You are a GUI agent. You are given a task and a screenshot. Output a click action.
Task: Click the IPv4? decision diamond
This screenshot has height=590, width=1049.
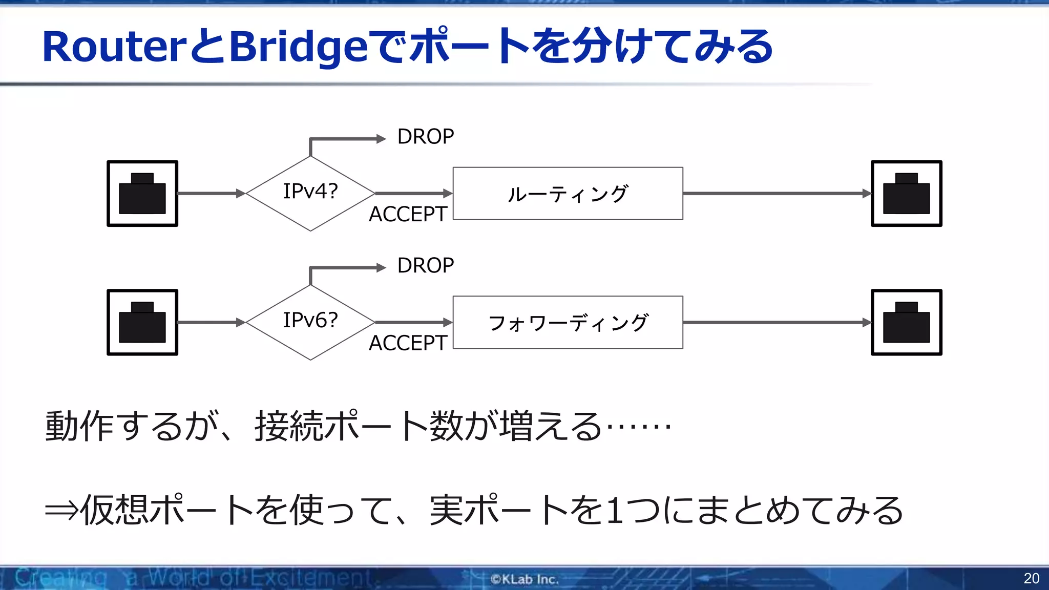(310, 193)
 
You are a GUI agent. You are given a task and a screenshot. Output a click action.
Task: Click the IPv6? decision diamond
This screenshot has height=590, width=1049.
(310, 322)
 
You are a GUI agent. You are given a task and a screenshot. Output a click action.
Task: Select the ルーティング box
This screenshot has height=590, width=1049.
(568, 194)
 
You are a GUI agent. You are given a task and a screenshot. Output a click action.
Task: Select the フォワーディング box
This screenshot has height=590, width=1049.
(568, 323)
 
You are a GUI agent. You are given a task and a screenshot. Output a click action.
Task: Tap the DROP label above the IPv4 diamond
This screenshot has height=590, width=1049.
(425, 137)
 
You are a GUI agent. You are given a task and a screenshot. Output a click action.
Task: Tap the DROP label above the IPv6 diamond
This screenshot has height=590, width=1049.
(425, 266)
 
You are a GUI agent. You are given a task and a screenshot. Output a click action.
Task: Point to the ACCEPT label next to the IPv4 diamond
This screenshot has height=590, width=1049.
(408, 214)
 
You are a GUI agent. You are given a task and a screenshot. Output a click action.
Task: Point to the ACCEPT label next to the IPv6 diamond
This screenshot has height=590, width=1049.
(408, 343)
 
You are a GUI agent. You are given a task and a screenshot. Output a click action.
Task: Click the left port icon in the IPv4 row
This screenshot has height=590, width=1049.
(142, 194)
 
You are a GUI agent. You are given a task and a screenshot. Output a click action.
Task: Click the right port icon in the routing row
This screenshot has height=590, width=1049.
(906, 194)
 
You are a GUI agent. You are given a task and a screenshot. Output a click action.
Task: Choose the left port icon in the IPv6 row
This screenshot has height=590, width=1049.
(142, 322)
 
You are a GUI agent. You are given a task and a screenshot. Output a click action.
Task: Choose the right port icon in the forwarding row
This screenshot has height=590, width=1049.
(906, 322)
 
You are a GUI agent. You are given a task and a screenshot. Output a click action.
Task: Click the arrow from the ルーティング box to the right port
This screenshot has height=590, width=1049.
(776, 194)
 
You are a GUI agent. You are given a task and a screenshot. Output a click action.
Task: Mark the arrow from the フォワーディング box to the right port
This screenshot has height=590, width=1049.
(776, 322)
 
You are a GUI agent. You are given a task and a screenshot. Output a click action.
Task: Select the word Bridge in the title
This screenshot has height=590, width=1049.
(299, 47)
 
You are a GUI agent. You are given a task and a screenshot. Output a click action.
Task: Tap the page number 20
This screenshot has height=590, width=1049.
(1031, 578)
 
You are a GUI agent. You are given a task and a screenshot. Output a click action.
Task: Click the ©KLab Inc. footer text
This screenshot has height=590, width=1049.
(524, 579)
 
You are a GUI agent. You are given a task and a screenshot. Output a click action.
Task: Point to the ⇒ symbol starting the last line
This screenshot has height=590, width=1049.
(61, 511)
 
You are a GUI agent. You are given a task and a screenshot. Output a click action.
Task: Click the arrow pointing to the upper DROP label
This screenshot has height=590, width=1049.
(348, 139)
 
